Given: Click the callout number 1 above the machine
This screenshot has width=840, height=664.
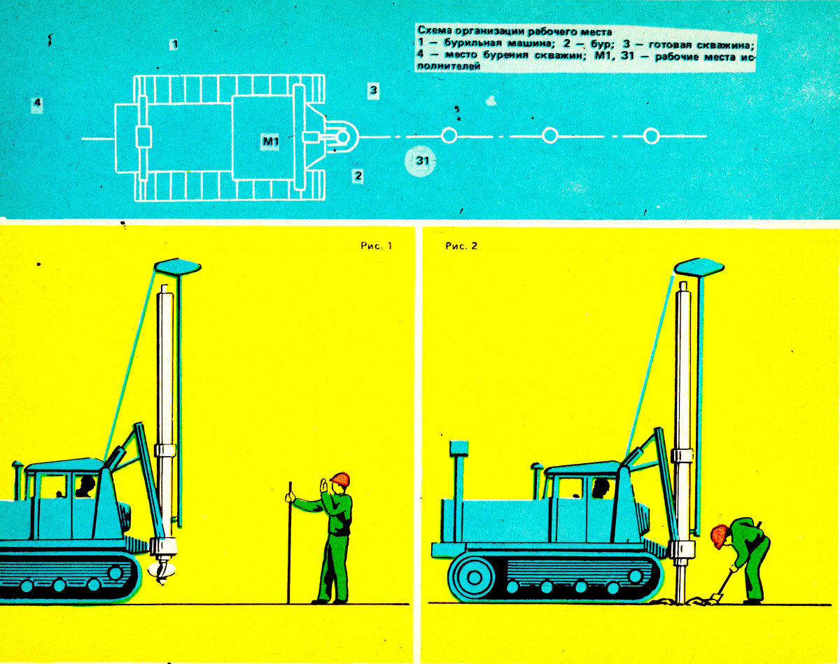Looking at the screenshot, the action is tap(175, 44).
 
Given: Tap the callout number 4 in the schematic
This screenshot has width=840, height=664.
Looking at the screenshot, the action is tap(38, 103).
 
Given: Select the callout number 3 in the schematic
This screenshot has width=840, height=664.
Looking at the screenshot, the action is tap(373, 90).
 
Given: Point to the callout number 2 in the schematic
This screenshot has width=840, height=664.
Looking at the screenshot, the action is tap(358, 176).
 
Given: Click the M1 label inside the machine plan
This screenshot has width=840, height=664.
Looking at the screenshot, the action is tap(270, 141).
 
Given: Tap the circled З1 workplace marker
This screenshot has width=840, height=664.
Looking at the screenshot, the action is tap(421, 161).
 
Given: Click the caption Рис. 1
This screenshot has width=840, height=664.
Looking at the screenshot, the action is tap(377, 246).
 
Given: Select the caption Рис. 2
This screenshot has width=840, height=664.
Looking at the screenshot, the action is tap(461, 246).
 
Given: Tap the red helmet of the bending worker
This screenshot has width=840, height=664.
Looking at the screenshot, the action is tap(719, 537).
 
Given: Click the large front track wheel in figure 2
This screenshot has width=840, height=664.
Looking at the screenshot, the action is tap(475, 577).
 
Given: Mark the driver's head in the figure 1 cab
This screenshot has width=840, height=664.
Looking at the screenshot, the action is tap(85, 486).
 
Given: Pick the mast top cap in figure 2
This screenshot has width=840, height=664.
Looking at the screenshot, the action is tap(699, 267).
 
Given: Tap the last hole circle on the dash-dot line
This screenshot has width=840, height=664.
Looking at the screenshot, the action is tap(651, 136).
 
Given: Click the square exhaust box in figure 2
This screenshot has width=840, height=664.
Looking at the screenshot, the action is tap(458, 448).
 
